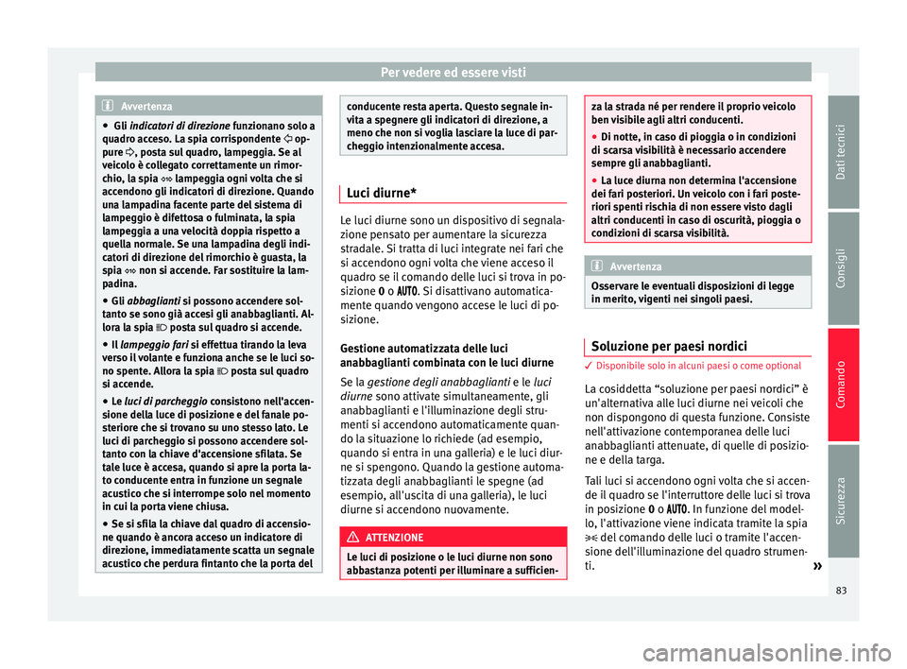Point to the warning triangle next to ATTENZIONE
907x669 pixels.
click(355, 537)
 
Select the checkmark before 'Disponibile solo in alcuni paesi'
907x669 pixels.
click(591, 366)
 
